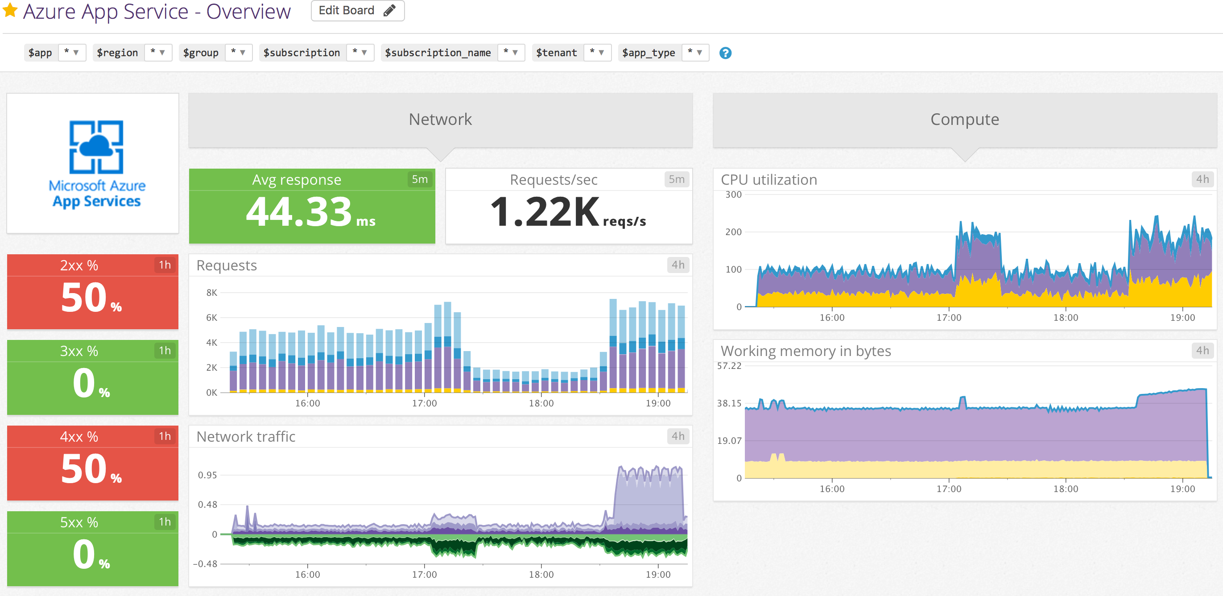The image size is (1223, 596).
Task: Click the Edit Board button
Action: click(357, 10)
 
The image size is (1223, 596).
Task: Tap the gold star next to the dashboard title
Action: click(10, 10)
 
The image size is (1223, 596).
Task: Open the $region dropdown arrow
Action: click(162, 52)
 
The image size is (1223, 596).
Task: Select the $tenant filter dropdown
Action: click(596, 52)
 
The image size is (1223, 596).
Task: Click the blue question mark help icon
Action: click(725, 53)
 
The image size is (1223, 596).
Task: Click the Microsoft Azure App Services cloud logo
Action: click(96, 147)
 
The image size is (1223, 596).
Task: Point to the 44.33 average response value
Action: click(299, 212)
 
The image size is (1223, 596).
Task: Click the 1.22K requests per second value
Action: click(545, 212)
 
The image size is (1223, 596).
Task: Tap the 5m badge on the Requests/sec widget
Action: click(676, 179)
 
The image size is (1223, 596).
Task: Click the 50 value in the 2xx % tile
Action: click(84, 298)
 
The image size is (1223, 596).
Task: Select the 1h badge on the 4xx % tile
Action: click(164, 436)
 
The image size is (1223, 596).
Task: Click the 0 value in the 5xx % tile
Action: click(84, 554)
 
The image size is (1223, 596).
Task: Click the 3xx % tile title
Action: click(79, 351)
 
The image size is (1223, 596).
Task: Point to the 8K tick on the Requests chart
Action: click(211, 293)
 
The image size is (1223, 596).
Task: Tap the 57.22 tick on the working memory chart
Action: click(729, 366)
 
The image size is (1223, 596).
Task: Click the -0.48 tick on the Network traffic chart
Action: click(205, 564)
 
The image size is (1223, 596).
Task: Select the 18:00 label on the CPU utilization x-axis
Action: click(1066, 317)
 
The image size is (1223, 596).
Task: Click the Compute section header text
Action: click(964, 119)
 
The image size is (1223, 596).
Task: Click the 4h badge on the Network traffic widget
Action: click(678, 436)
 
